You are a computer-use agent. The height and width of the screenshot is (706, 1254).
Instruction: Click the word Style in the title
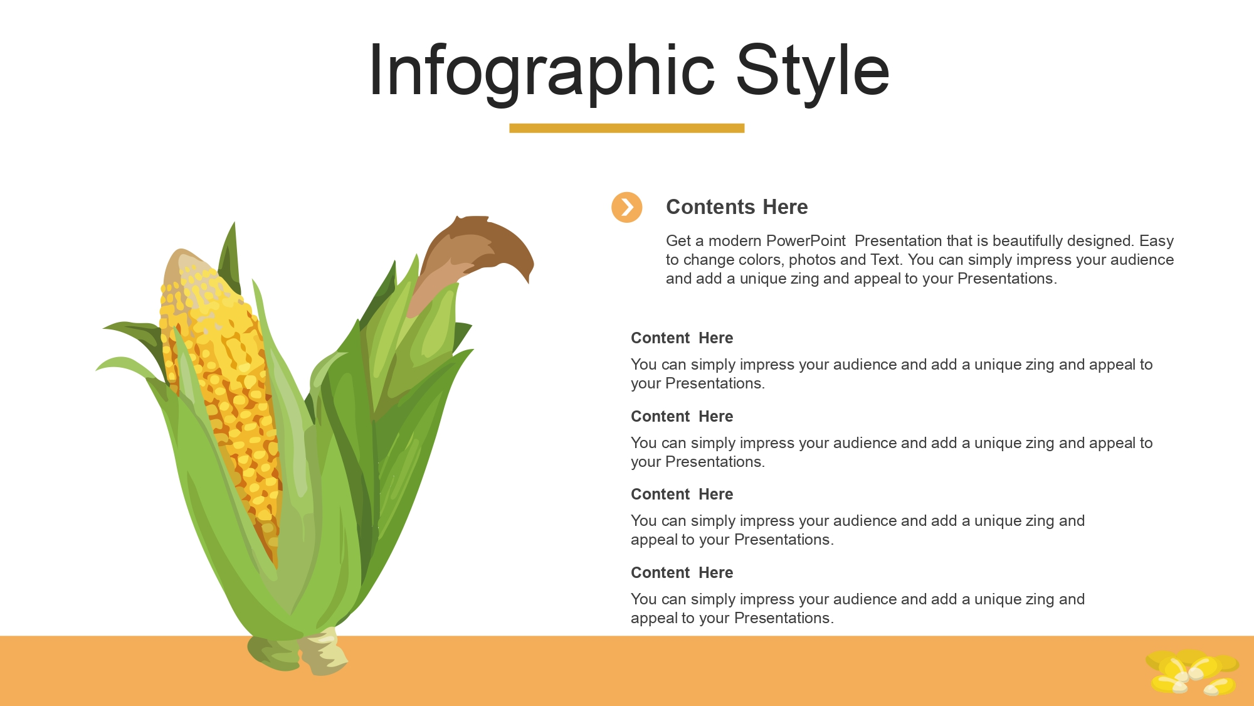point(813,71)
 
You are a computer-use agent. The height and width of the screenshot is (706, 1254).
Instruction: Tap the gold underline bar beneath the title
point(627,128)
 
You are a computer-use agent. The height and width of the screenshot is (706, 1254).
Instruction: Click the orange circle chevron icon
point(627,207)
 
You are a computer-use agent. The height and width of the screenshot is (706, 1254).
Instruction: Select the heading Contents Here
point(737,207)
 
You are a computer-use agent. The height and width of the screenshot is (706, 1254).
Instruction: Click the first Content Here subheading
point(682,338)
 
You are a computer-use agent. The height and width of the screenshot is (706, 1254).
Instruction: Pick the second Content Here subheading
point(682,417)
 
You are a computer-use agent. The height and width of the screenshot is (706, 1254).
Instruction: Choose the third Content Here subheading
point(682,495)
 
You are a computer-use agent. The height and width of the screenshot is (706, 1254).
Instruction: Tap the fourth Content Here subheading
point(682,573)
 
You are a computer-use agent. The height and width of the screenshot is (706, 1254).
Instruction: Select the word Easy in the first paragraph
point(1156,242)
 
